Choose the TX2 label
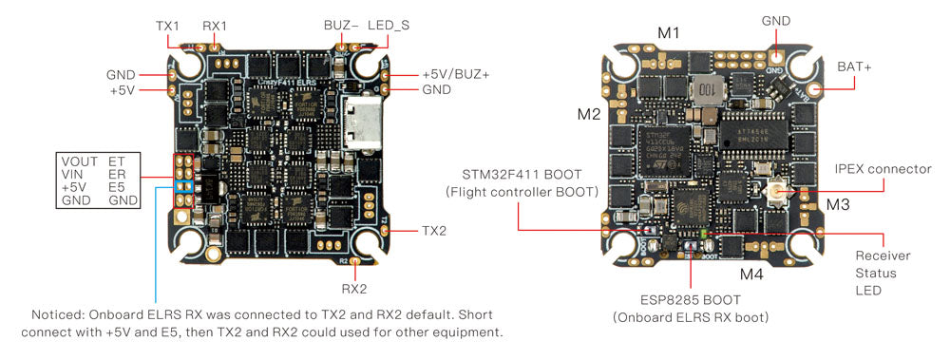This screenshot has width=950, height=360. coord(433,231)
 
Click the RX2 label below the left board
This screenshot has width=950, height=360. coord(353,285)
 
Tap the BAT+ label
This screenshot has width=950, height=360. coord(855,66)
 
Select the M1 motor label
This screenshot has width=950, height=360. coord(669,34)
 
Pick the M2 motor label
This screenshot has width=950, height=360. coord(589,114)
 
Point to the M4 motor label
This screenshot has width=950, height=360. coord(751,275)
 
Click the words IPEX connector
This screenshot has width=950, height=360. coord(883,169)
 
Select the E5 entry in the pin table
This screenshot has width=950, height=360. coord(117,188)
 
